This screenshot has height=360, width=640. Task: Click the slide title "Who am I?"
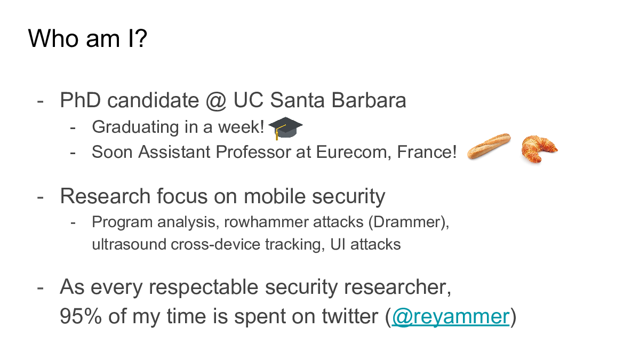coord(87,38)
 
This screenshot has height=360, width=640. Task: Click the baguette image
coord(489,146)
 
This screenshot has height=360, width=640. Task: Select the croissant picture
coord(539,149)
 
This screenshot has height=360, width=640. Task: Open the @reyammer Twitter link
coord(451,316)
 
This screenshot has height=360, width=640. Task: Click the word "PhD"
coord(81,100)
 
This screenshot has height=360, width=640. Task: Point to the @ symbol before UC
coord(216,101)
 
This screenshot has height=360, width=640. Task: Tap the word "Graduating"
coord(135,127)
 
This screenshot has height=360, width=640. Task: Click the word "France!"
coord(427,151)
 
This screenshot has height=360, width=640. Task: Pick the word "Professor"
coord(253,151)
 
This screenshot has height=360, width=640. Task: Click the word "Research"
coord(105,196)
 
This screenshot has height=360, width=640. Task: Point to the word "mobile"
coord(275,196)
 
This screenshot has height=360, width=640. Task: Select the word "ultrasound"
coord(129,244)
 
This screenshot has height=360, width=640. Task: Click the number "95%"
coord(81,316)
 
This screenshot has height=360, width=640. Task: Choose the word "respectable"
coord(204,287)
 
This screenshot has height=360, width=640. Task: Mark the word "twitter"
coord(350,316)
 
